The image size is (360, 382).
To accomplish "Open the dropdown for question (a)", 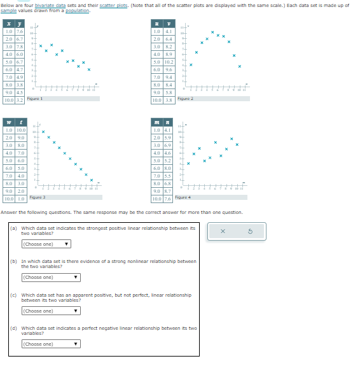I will click(x=46, y=244).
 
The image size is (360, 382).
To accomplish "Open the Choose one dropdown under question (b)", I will click(x=51, y=277).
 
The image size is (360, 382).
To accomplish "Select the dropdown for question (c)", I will click(x=51, y=311).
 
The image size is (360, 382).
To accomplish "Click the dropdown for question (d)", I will click(x=51, y=344).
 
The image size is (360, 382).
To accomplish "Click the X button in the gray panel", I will click(x=223, y=232).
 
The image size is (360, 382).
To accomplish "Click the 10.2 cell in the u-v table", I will click(x=169, y=62).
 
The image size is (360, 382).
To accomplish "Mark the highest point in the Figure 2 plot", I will click(x=212, y=31).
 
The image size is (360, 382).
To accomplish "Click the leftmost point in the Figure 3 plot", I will click(x=43, y=132).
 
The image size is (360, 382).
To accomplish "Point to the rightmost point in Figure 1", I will click(x=89, y=69).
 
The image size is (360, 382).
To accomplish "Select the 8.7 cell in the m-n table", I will click(x=169, y=191).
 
